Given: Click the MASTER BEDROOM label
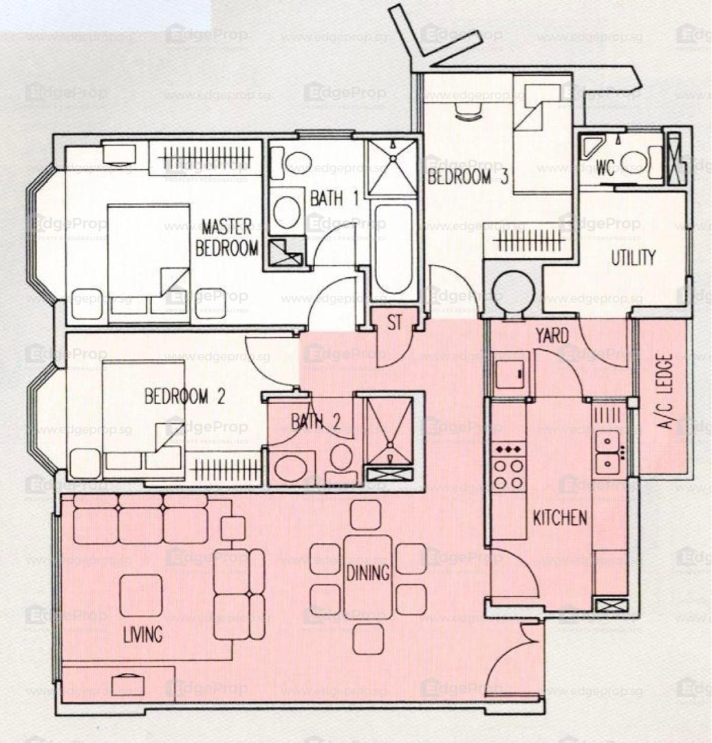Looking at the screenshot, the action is click(228, 237).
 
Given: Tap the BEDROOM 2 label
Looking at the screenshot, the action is click(185, 396).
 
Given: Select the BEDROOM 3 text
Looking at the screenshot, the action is click(468, 177).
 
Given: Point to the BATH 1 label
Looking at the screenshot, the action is click(334, 198).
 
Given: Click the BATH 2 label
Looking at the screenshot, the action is click(316, 421).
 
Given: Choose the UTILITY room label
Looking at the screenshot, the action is click(634, 258).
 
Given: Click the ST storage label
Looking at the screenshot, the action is click(394, 323).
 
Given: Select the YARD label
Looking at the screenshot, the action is click(552, 336).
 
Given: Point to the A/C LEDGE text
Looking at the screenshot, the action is click(666, 391).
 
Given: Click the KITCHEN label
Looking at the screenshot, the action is click(560, 517).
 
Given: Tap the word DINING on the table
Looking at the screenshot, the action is click(368, 573).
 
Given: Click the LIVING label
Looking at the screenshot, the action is click(142, 634).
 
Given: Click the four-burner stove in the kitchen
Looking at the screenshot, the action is click(509, 467).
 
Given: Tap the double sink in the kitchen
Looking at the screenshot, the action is click(609, 452).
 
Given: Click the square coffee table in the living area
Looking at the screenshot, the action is click(141, 595).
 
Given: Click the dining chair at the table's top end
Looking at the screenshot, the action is click(366, 515).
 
